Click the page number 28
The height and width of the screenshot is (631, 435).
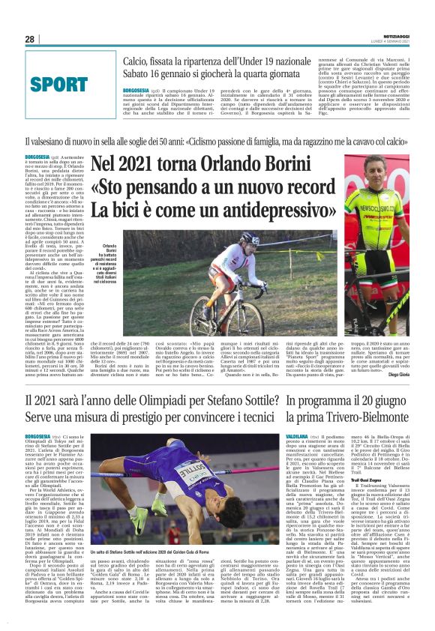(30, 39)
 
